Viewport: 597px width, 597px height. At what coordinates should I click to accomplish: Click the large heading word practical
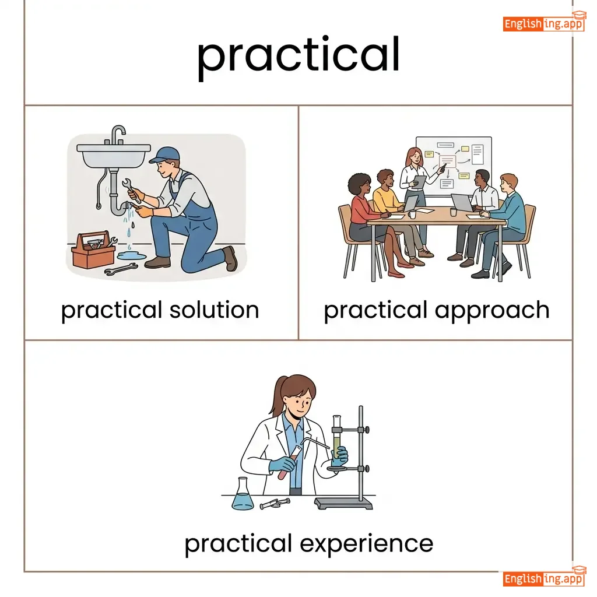tap(298, 57)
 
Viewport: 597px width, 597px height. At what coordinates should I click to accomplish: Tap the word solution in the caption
tap(215, 310)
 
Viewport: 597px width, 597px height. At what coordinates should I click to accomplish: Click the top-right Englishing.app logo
tap(544, 22)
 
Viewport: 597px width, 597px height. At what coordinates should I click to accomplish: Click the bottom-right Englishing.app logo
tap(544, 577)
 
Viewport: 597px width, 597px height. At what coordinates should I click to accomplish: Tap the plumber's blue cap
tap(165, 154)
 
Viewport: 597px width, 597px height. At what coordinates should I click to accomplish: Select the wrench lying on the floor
tap(121, 269)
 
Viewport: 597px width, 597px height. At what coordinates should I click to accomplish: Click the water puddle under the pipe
tap(131, 255)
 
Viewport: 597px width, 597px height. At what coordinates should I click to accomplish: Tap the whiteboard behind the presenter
tap(454, 166)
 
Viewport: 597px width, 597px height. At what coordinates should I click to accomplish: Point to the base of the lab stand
tap(343, 503)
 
